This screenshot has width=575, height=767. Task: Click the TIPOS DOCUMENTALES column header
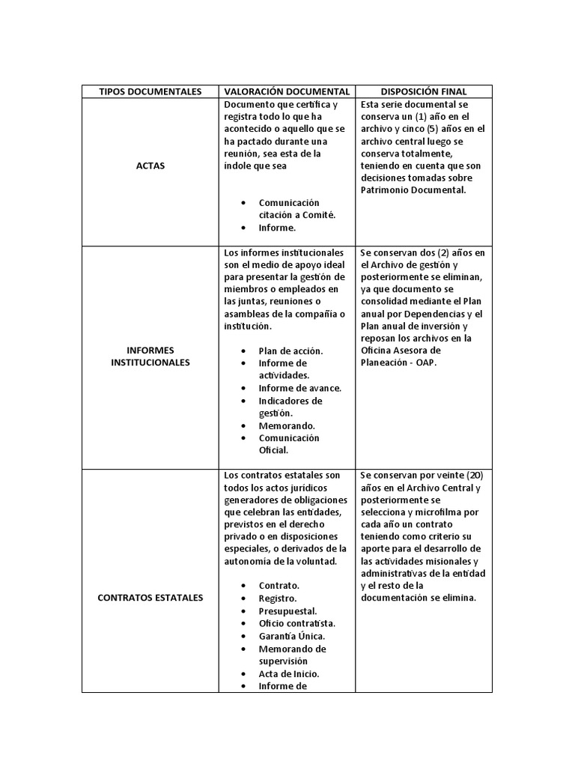pos(150,91)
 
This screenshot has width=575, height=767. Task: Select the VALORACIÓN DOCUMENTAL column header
pos(286,91)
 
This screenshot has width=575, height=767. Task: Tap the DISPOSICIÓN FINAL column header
pos(424,91)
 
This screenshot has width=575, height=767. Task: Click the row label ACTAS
pos(150,166)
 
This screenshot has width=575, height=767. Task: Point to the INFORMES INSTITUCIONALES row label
pos(150,356)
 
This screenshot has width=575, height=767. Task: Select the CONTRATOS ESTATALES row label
pos(150,598)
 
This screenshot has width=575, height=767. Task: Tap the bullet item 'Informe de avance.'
pos(299,388)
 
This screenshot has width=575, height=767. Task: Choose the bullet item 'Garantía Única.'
pos(292,636)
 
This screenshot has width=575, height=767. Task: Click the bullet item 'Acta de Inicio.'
pos(289,673)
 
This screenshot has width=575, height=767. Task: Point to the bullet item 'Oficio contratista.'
pos(297,623)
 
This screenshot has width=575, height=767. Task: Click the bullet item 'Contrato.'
pos(279,585)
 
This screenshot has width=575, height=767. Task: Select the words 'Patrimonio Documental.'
pos(413,190)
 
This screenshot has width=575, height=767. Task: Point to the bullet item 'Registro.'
pos(278,598)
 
